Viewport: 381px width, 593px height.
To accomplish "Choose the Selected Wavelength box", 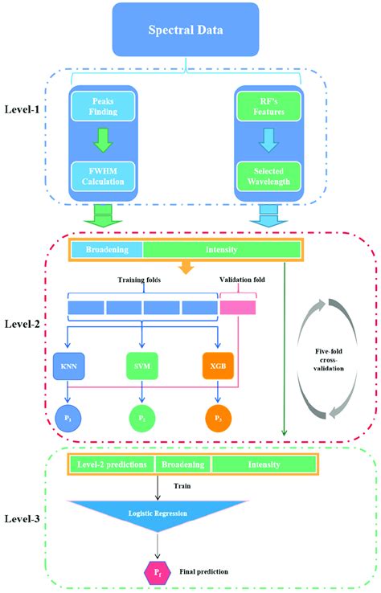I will (x=266, y=176).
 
